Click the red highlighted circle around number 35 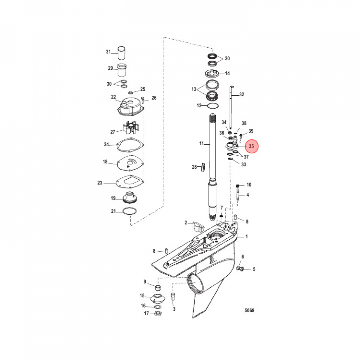(x=251, y=147)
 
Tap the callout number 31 (x=108, y=52)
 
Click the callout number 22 (x=113, y=97)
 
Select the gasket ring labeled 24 (x=130, y=146)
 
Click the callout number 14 (x=227, y=74)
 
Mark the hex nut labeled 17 (x=156, y=314)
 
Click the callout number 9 (x=145, y=282)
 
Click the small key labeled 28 (x=203, y=167)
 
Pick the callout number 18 (x=105, y=162)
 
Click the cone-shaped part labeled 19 (x=130, y=198)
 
